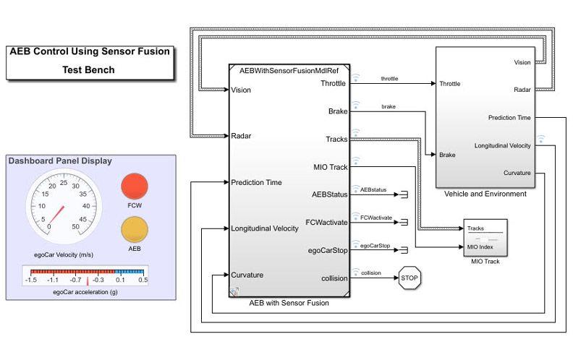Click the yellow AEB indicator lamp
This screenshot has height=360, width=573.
[x=133, y=230]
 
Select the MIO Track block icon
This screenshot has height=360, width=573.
[x=485, y=238]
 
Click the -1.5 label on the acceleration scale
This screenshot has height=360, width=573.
[x=31, y=280]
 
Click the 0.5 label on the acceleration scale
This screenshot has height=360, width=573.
[x=143, y=280]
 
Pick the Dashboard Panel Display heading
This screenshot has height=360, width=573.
[x=60, y=160]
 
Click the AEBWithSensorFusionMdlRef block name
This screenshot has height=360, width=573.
[x=289, y=71]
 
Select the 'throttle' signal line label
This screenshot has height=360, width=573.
[x=389, y=78]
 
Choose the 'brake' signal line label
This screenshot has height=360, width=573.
[x=388, y=106]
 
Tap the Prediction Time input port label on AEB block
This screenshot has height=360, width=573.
[x=256, y=182]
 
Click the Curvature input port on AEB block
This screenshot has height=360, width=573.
[x=247, y=275]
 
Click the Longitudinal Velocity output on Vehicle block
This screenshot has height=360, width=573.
[x=502, y=145]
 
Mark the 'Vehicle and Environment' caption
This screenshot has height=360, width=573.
[x=485, y=194]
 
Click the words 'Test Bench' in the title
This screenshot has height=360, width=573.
[x=88, y=70]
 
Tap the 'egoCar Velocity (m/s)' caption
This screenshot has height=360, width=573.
[x=64, y=254]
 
